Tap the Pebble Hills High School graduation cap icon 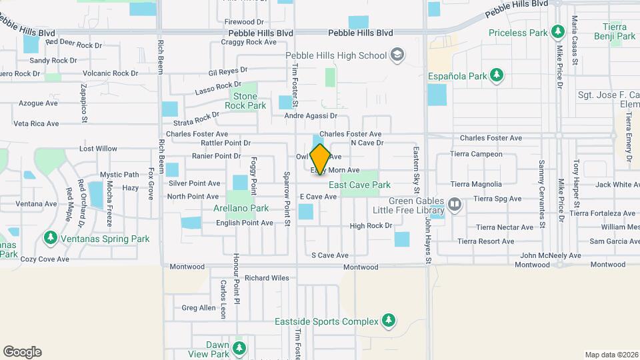coord(397,55)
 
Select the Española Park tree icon coord(496,75)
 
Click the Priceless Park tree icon coord(557,32)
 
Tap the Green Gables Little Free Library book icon coord(455,203)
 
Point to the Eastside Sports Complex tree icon coord(388,321)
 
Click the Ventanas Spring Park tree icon coord(50,238)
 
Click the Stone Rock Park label coord(245,101)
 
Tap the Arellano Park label coord(241,208)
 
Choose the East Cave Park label coord(359,185)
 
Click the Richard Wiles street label coord(267,278)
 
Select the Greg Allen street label coord(199,308)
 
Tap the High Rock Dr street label coord(371,226)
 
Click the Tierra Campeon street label coord(476,155)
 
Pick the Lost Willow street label coord(98,149)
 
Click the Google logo coord(22,352)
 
